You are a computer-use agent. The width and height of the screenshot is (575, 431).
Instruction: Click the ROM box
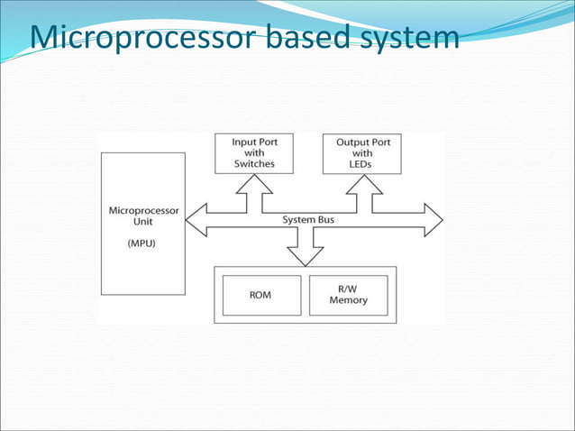(x=260, y=295)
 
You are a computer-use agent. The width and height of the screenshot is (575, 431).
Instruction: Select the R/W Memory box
(x=348, y=295)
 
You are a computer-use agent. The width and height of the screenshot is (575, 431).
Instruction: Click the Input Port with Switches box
(x=254, y=153)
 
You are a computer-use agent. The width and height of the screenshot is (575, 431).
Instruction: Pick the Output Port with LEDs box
(x=361, y=153)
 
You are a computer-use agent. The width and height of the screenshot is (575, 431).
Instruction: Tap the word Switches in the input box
(x=254, y=164)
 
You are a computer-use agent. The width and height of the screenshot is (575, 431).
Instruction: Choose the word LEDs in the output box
(x=361, y=164)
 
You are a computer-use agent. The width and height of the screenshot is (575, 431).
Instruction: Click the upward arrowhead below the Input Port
(x=254, y=183)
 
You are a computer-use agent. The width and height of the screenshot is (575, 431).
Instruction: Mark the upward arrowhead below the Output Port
(x=361, y=183)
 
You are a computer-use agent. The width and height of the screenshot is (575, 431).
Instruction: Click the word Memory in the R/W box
(x=348, y=300)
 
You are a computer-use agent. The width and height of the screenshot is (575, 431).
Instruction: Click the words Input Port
(x=254, y=142)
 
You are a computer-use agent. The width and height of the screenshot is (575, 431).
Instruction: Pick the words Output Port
(x=361, y=142)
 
